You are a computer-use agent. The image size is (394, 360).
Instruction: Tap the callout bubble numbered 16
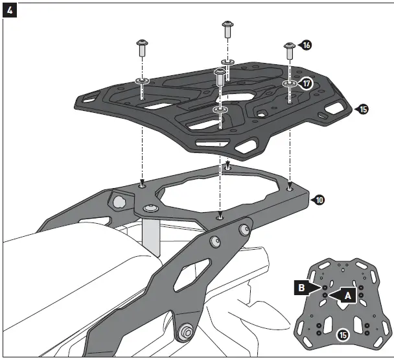click(306, 45)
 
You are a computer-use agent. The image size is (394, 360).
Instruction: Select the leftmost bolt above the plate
click(142, 47)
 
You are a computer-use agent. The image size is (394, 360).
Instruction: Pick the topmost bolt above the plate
click(227, 28)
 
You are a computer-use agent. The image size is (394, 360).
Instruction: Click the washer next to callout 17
click(290, 84)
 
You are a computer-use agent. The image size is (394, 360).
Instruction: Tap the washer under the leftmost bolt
click(142, 80)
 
